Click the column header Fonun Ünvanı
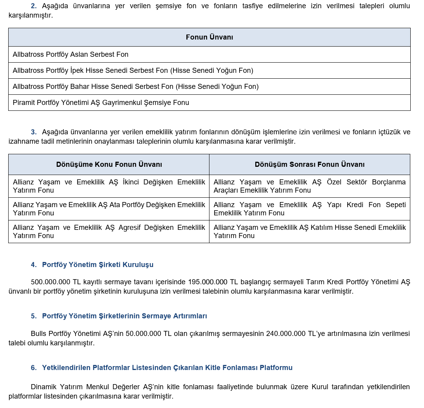pyautogui.click(x=209, y=37)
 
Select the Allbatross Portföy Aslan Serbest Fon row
pyautogui.click(x=70, y=54)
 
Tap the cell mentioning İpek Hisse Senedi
pyautogui.click(x=133, y=70)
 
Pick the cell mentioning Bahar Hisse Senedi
pyautogui.click(x=135, y=87)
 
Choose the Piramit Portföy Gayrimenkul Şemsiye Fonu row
pyautogui.click(x=101, y=103)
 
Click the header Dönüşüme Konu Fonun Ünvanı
pyautogui.click(x=109, y=164)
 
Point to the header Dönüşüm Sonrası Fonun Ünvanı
pyautogui.click(x=309, y=164)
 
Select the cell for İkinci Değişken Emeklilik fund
pyautogui.click(x=109, y=186)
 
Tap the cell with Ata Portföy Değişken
pyautogui.click(x=109, y=209)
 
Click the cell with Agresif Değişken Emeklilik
pyautogui.click(x=109, y=231)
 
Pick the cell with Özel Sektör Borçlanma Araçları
pyautogui.click(x=309, y=186)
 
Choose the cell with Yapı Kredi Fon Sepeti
pyautogui.click(x=309, y=209)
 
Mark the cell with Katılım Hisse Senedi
pyautogui.click(x=309, y=231)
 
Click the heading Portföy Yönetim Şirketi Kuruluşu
pyautogui.click(x=97, y=265)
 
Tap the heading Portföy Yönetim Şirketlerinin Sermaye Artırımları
pyautogui.click(x=124, y=316)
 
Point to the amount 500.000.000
pyautogui.click(x=51, y=282)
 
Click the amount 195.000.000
pyautogui.click(x=207, y=282)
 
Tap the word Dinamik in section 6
pyautogui.click(x=44, y=387)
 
